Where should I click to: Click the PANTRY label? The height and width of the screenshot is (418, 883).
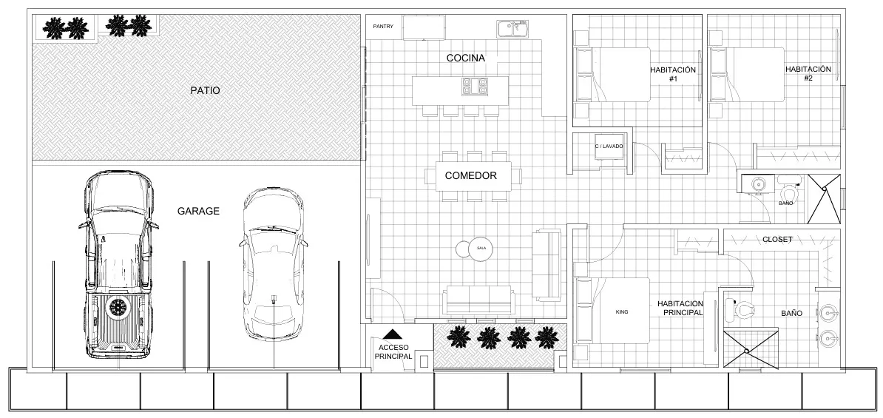(x=383, y=27)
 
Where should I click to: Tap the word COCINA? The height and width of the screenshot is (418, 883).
(x=465, y=58)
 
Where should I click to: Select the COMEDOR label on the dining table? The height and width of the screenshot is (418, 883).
(x=470, y=176)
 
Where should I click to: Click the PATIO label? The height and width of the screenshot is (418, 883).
(x=205, y=91)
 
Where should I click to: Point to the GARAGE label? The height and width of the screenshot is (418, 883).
(x=198, y=211)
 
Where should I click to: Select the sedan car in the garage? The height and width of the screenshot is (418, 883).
(x=273, y=263)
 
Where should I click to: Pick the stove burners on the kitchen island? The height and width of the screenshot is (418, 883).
(x=475, y=87)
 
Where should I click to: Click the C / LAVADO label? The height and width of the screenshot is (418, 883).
(x=609, y=146)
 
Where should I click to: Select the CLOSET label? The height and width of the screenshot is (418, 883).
(x=777, y=240)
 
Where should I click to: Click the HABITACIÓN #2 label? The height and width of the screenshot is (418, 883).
(x=808, y=73)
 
